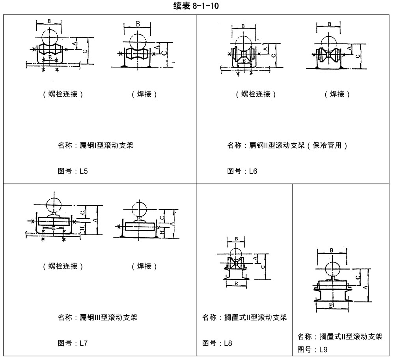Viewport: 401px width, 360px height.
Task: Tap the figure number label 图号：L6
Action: click(x=242, y=171)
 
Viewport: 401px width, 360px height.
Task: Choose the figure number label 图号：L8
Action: click(x=217, y=343)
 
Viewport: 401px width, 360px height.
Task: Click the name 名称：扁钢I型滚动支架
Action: click(x=95, y=145)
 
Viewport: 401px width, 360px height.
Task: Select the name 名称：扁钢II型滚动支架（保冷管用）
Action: click(x=287, y=145)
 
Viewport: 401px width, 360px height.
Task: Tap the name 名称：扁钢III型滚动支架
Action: click(x=97, y=317)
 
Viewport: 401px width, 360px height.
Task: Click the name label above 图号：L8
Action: click(x=244, y=317)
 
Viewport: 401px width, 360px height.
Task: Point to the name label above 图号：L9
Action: click(x=340, y=337)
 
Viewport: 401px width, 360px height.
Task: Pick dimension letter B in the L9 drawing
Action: click(x=332, y=250)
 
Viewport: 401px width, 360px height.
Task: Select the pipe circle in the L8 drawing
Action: click(x=236, y=253)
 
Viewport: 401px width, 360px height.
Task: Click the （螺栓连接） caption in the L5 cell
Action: click(x=63, y=94)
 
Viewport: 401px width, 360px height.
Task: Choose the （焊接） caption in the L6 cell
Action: click(x=337, y=94)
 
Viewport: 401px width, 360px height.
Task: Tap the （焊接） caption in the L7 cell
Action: click(x=144, y=266)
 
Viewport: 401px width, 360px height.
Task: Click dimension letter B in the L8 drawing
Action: click(x=236, y=239)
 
